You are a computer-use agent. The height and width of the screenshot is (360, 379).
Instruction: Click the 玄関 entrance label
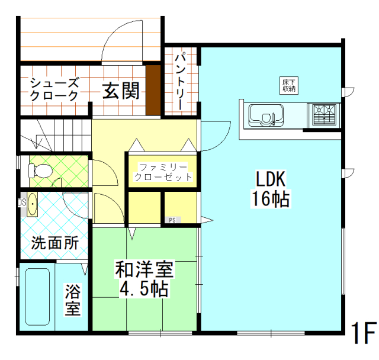coord(121,91)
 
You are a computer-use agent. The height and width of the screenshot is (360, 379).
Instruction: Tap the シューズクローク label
coord(54,89)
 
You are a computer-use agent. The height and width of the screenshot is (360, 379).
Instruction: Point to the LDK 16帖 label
coord(271,188)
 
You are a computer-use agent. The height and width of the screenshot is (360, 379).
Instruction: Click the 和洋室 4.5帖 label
coord(144,280)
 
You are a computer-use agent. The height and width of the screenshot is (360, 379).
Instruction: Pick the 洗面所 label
coord(54,242)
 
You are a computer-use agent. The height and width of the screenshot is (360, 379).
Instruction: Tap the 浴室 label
coord(72,300)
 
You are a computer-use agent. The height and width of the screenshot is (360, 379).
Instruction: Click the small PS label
coord(172,220)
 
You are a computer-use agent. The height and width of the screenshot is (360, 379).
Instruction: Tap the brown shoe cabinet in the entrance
coord(153,90)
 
